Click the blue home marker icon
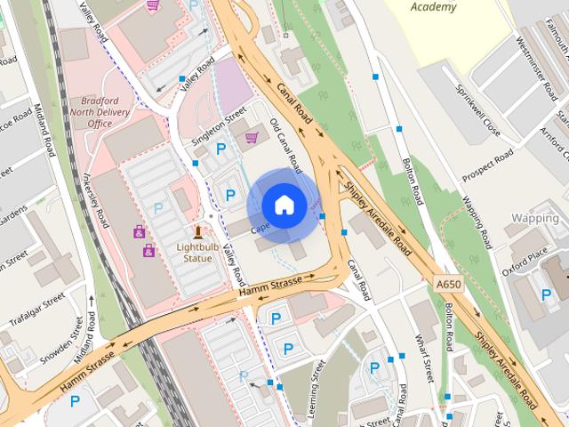pos(283,205)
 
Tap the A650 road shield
pos(448,283)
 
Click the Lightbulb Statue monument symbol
pos(197,233)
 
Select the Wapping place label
pos(535,217)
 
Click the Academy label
pos(435,7)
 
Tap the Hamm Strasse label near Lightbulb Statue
pos(271,287)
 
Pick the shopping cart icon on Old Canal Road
pos(252,137)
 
